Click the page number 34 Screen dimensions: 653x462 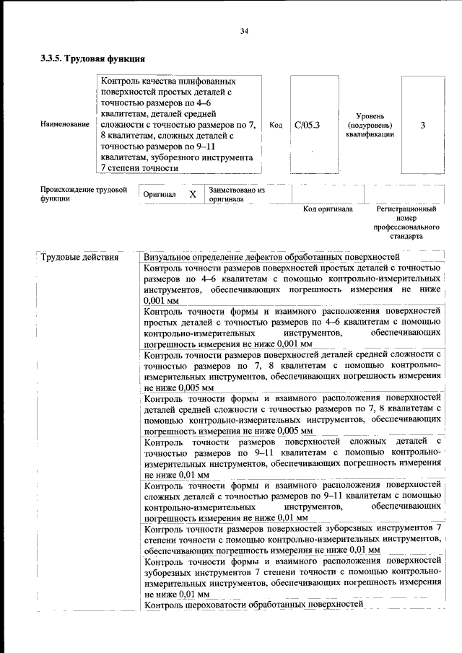[244, 30]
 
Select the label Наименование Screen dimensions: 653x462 [65, 125]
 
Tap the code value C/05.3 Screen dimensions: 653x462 [307, 125]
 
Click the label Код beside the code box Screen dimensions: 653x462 [275, 125]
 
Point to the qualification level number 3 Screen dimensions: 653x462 [422, 125]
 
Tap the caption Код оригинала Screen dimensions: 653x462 [327, 210]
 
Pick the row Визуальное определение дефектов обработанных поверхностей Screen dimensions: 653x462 [271, 257]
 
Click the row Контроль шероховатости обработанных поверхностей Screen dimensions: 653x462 [253, 604]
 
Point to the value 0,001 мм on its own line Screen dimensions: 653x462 [162, 299]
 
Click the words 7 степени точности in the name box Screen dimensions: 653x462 [140, 168]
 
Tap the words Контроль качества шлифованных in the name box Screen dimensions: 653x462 [168, 82]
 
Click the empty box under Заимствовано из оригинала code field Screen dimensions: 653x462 [327, 194]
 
